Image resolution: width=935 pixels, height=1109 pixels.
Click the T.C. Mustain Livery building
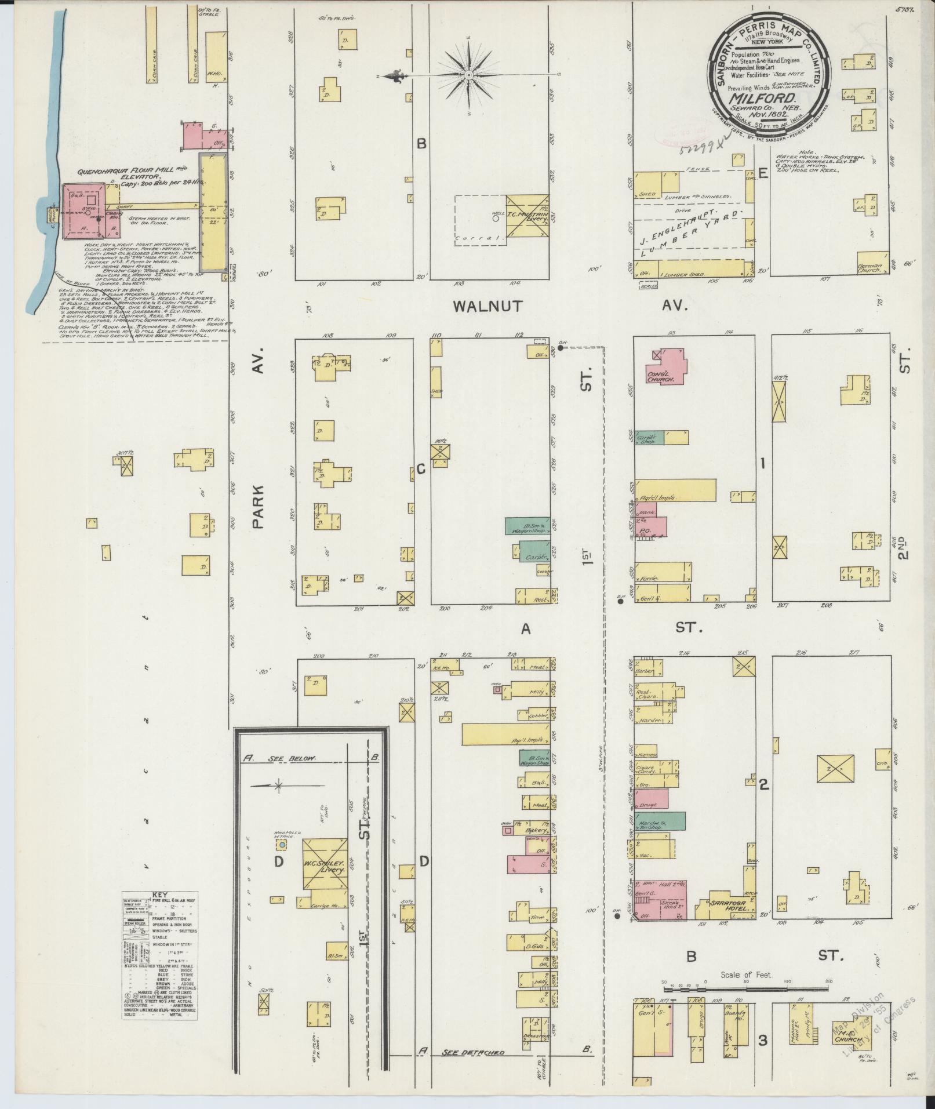point(527,216)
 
